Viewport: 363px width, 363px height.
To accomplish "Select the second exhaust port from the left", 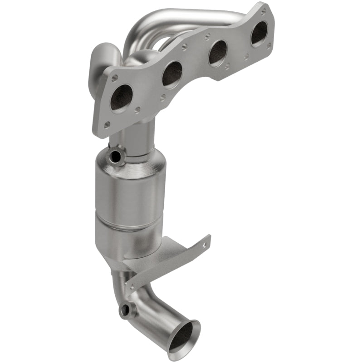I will click(x=172, y=74).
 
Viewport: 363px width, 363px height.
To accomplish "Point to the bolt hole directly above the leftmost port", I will click(x=115, y=78).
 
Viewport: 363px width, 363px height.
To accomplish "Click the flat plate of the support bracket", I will click(x=168, y=261).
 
